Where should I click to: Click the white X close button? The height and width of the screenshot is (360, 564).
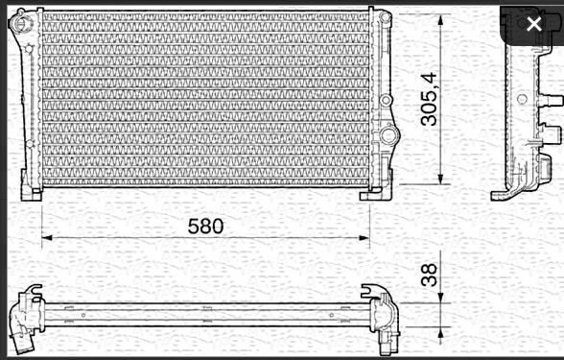[x=533, y=24]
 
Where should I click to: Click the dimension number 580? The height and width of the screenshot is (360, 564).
[x=205, y=227]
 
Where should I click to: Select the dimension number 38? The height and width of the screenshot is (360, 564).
[x=429, y=275]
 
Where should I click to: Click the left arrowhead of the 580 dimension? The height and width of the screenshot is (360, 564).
[x=47, y=238]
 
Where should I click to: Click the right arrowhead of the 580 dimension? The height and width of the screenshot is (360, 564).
[x=364, y=238]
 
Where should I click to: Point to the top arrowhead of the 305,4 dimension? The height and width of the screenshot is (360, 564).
[x=440, y=20]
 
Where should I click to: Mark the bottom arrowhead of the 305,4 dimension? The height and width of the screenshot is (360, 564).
[x=440, y=179]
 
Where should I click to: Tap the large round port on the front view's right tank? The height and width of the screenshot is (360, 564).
[x=388, y=134]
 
